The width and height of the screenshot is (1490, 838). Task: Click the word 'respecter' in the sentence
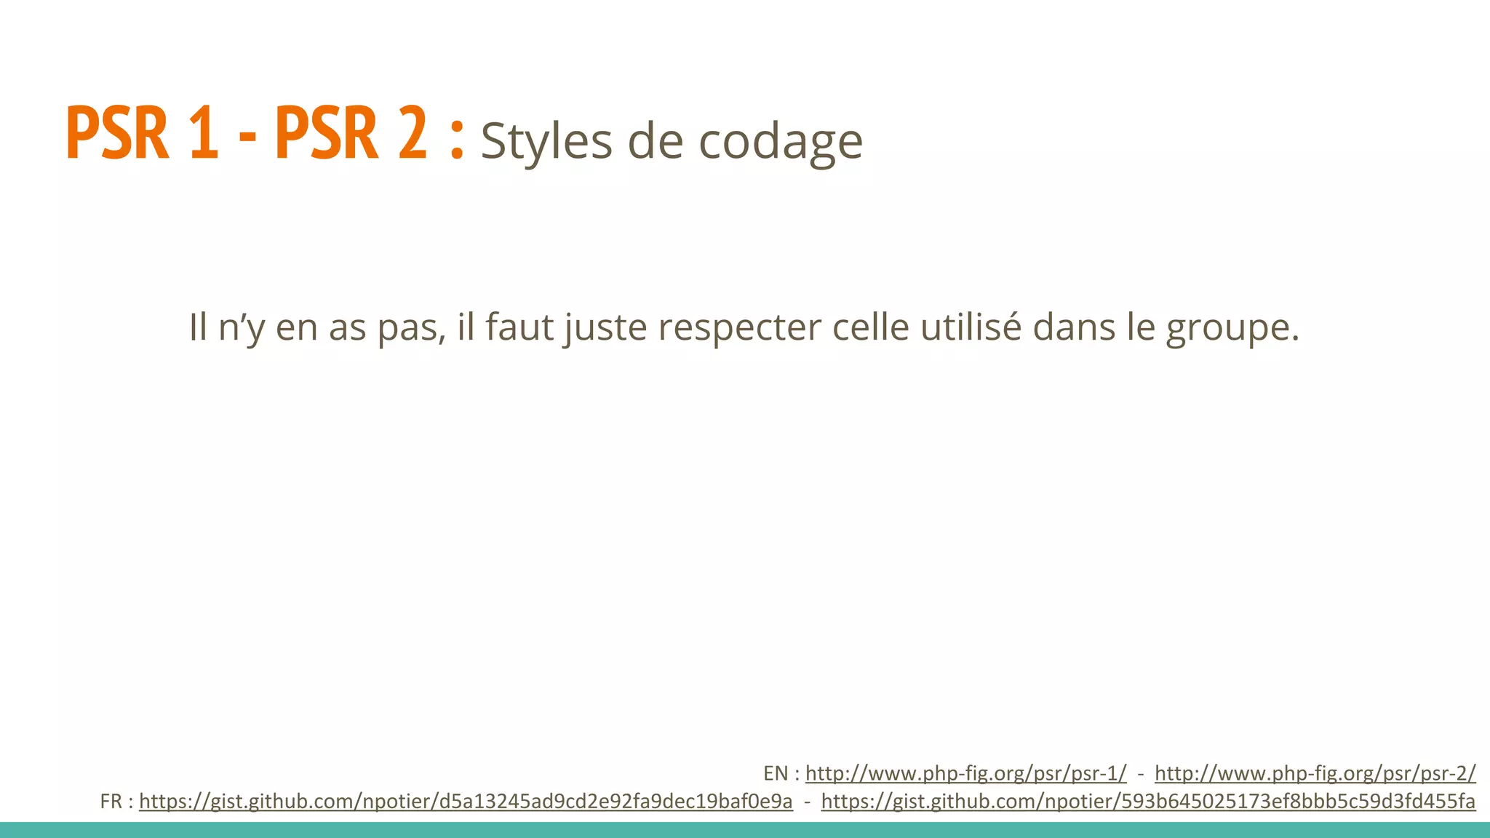740,327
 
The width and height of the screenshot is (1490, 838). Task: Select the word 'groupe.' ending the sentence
1232,328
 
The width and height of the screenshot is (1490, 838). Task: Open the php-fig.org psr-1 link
965,773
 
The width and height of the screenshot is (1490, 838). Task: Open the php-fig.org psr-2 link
1315,773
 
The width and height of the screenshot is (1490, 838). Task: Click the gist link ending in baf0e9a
466,802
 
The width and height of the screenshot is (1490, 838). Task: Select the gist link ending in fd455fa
1148,802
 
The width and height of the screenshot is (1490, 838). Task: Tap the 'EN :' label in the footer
781,773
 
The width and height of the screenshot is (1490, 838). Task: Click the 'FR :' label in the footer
116,802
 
